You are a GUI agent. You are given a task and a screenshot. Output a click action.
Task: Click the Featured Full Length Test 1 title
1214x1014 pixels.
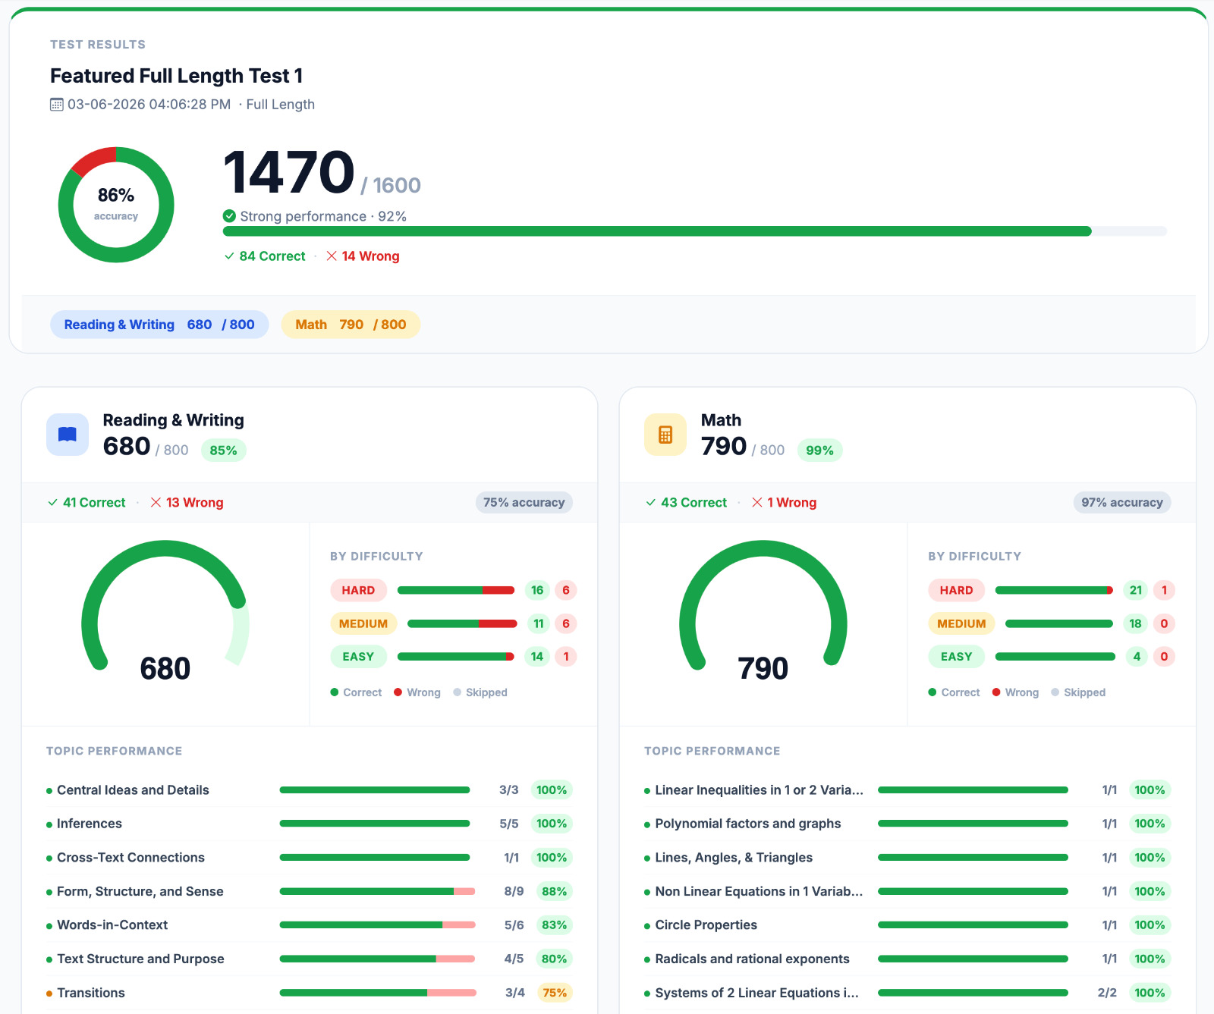(x=176, y=76)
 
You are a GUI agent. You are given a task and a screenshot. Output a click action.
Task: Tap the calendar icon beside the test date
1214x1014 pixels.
(x=57, y=105)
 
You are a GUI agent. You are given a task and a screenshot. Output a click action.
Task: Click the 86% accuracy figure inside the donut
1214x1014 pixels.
(x=116, y=196)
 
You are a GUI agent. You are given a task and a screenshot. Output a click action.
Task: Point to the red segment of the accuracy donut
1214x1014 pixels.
(x=92, y=160)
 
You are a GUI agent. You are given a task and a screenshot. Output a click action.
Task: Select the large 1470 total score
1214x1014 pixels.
(x=289, y=172)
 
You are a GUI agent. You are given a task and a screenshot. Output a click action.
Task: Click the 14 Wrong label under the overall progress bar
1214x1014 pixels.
(x=363, y=256)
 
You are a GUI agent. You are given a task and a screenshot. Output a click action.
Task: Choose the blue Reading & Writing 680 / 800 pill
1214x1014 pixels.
(x=159, y=325)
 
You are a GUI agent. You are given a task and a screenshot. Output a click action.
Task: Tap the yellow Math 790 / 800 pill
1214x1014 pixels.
(x=351, y=325)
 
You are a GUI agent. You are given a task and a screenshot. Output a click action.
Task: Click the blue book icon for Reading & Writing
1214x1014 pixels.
(x=68, y=435)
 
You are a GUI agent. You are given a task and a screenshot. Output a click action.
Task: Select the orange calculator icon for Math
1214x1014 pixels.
(x=665, y=435)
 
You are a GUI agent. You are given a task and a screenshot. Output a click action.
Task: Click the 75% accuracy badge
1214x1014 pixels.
(x=524, y=502)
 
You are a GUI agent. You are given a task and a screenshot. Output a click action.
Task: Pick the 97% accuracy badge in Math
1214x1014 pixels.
(x=1122, y=502)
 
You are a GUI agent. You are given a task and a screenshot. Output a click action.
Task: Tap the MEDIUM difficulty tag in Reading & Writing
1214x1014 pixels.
(x=363, y=623)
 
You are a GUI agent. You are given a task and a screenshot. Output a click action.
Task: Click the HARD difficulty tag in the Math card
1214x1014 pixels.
(x=956, y=590)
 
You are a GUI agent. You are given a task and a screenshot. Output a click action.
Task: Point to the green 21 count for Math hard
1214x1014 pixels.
(x=1136, y=590)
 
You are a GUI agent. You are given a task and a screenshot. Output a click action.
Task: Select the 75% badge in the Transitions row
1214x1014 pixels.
(x=555, y=993)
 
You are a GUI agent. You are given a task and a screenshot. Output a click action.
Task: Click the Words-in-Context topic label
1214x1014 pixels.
(x=112, y=925)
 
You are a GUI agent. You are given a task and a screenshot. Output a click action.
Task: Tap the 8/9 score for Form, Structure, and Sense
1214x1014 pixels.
(x=514, y=891)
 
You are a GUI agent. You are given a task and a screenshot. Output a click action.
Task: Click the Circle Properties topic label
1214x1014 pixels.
(x=706, y=925)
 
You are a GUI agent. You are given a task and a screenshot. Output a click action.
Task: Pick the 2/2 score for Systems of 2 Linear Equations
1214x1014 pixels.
(x=1107, y=993)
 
